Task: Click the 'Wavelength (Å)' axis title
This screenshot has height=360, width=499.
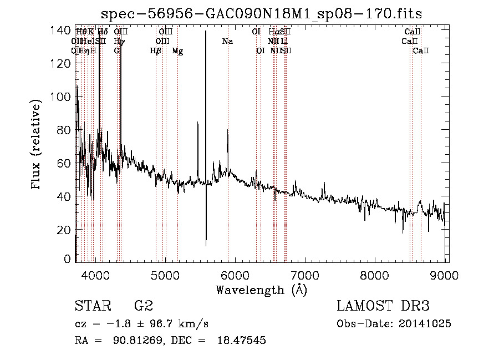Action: tap(261, 290)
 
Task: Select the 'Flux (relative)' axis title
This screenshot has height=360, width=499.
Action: tap(37, 145)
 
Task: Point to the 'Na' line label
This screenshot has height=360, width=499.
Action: tap(227, 42)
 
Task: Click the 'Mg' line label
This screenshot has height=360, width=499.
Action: tap(177, 51)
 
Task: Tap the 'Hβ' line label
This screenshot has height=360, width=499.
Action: tap(156, 51)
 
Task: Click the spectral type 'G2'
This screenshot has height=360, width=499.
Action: tap(143, 306)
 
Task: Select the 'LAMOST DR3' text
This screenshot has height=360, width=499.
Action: tap(383, 306)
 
